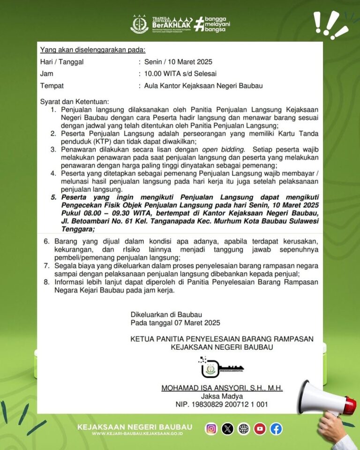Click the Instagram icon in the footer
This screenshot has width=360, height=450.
click(211, 428)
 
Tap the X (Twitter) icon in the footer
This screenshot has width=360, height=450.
click(227, 428)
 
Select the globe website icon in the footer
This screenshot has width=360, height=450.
click(244, 428)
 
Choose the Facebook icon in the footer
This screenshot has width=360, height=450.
click(276, 428)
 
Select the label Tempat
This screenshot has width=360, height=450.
click(52, 86)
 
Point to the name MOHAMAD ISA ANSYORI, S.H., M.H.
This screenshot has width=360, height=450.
click(222, 388)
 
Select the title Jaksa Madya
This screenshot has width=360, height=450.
click(222, 396)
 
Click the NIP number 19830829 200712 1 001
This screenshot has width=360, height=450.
click(222, 404)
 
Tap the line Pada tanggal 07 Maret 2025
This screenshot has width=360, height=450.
click(175, 322)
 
